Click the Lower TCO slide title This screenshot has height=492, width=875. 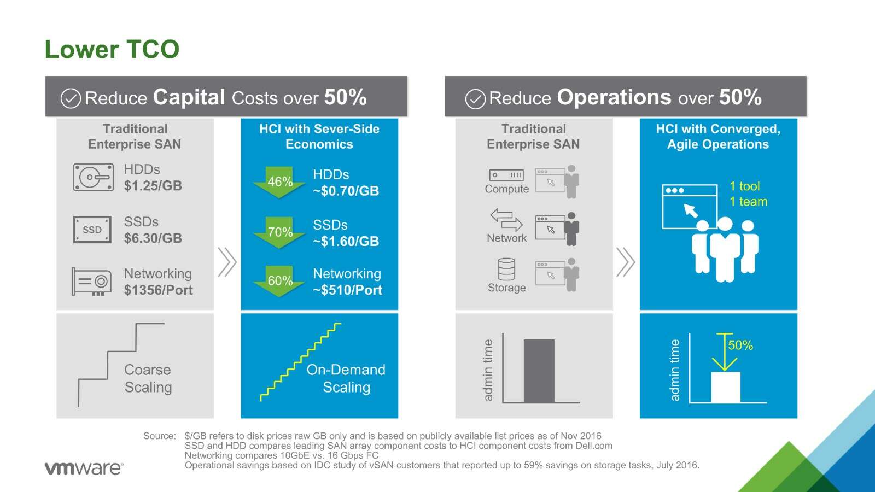[x=112, y=50]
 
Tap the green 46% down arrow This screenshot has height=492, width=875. [x=279, y=182]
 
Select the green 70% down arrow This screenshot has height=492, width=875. [x=279, y=232]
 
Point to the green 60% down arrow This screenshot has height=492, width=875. [x=279, y=281]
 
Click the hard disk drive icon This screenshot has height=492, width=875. [x=94, y=177]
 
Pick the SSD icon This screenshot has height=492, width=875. [x=92, y=230]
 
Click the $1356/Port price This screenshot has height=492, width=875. [x=158, y=290]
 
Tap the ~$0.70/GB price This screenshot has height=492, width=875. [x=346, y=191]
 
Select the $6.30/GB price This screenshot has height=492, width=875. [x=153, y=238]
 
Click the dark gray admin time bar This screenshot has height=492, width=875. [x=539, y=371]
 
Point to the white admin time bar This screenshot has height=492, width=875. [x=725, y=387]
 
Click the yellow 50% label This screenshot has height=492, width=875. [x=740, y=345]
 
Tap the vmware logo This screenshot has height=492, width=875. [x=84, y=468]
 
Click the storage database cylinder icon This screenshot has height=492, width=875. [x=506, y=269]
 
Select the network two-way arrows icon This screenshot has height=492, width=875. [x=506, y=220]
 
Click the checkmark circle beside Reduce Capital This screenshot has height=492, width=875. [x=71, y=98]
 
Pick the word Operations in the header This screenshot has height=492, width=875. [x=614, y=98]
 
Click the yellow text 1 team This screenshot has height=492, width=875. [x=748, y=202]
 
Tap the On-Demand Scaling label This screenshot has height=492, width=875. [x=346, y=378]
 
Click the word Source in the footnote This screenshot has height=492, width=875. [x=159, y=436]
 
